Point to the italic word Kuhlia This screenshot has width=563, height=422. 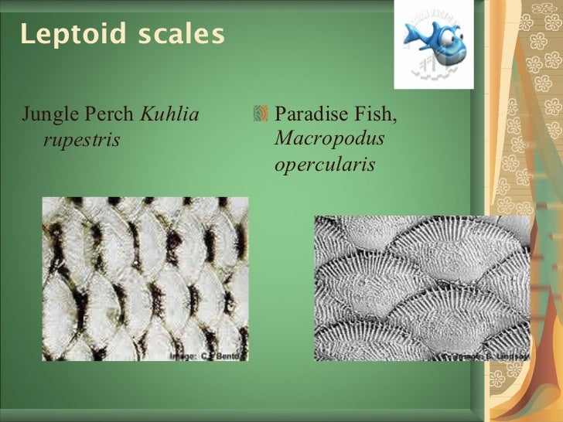169,116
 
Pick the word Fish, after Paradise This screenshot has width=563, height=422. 373,116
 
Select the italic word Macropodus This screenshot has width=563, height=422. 330,140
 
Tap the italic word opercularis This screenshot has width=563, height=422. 325,165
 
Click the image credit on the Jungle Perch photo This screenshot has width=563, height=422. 206,355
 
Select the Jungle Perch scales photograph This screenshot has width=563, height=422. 145,278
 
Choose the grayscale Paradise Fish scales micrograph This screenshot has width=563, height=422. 421,287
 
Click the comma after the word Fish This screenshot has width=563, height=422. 395,122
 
